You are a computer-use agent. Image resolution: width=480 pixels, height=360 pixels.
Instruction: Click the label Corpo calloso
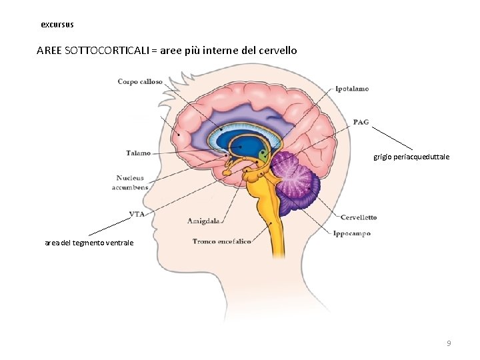(x=140, y=82)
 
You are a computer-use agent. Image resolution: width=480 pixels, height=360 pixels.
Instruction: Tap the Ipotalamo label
(x=352, y=89)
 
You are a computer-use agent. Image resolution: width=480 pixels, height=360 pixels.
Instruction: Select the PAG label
(x=361, y=122)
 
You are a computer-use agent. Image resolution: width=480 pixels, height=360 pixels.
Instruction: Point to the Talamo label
(x=138, y=153)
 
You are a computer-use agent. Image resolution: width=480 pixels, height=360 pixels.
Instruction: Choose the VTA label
(x=137, y=214)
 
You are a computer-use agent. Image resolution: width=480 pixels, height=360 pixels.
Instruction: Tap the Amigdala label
(x=203, y=220)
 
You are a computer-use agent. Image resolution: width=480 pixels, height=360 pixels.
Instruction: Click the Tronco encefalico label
(x=221, y=241)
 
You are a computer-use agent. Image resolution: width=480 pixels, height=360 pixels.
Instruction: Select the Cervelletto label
(x=358, y=217)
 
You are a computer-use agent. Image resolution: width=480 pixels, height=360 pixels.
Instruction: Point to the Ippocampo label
(x=351, y=234)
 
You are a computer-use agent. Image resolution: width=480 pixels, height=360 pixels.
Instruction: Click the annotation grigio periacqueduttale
(x=411, y=157)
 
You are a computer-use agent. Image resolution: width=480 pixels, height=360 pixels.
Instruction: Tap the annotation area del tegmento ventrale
(x=89, y=243)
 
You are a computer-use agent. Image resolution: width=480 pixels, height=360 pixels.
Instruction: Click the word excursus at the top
(x=57, y=25)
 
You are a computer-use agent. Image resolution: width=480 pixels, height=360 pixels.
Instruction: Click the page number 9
(x=449, y=343)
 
